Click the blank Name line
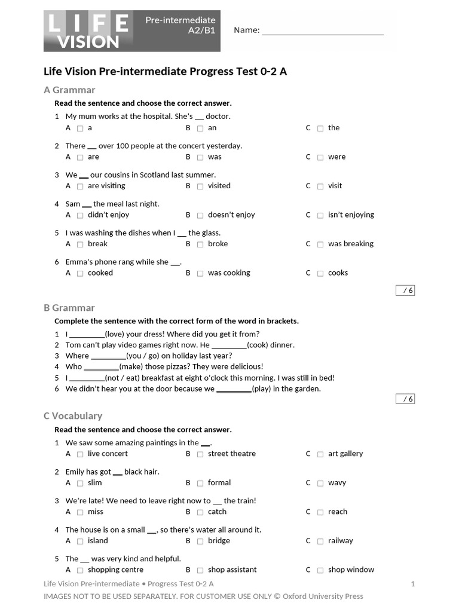(x=322, y=31)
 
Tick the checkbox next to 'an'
(x=200, y=128)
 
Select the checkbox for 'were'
(x=320, y=157)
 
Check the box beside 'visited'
(x=200, y=186)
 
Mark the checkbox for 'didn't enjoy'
(x=80, y=215)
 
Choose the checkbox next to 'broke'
(x=200, y=244)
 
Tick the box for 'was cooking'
(x=200, y=273)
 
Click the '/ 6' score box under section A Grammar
(x=405, y=290)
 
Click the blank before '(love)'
(x=87, y=335)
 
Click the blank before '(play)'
(x=234, y=389)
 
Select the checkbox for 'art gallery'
(x=320, y=454)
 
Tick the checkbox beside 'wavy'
(x=320, y=483)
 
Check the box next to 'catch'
(x=200, y=512)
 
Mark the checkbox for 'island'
(x=80, y=541)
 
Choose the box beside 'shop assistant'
(x=200, y=570)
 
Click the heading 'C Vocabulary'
(x=73, y=416)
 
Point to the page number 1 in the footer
(x=412, y=584)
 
